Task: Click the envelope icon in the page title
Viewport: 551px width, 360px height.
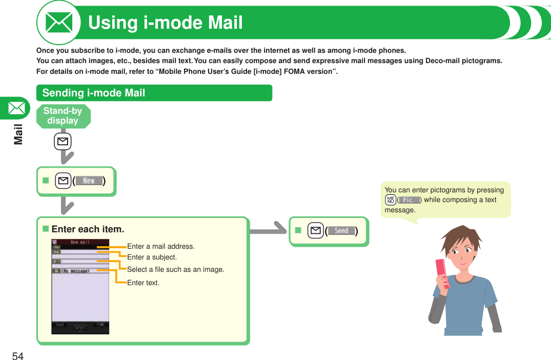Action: pyautogui.click(x=59, y=23)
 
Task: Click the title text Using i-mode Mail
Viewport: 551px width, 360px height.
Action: pyautogui.click(x=166, y=23)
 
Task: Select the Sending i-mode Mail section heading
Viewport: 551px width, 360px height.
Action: pyautogui.click(x=94, y=93)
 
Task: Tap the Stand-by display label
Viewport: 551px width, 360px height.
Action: pyautogui.click(x=63, y=116)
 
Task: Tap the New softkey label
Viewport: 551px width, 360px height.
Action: pyautogui.click(x=89, y=181)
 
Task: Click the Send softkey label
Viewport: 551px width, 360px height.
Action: pyautogui.click(x=341, y=231)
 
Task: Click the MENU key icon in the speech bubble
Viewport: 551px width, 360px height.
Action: pyautogui.click(x=391, y=200)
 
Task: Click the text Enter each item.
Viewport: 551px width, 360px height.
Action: pyautogui.click(x=88, y=229)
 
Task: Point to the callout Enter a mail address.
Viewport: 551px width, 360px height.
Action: pyautogui.click(x=161, y=247)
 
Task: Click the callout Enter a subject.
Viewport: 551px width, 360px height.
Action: pyautogui.click(x=152, y=257)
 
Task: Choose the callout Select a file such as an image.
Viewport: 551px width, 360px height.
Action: pyautogui.click(x=176, y=269)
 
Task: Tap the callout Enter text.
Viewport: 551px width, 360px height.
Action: pyautogui.click(x=143, y=283)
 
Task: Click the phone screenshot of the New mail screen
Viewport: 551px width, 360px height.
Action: pyautogui.click(x=80, y=287)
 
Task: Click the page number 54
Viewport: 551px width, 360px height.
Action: pyautogui.click(x=18, y=356)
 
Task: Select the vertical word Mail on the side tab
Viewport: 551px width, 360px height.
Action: pyautogui.click(x=18, y=134)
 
